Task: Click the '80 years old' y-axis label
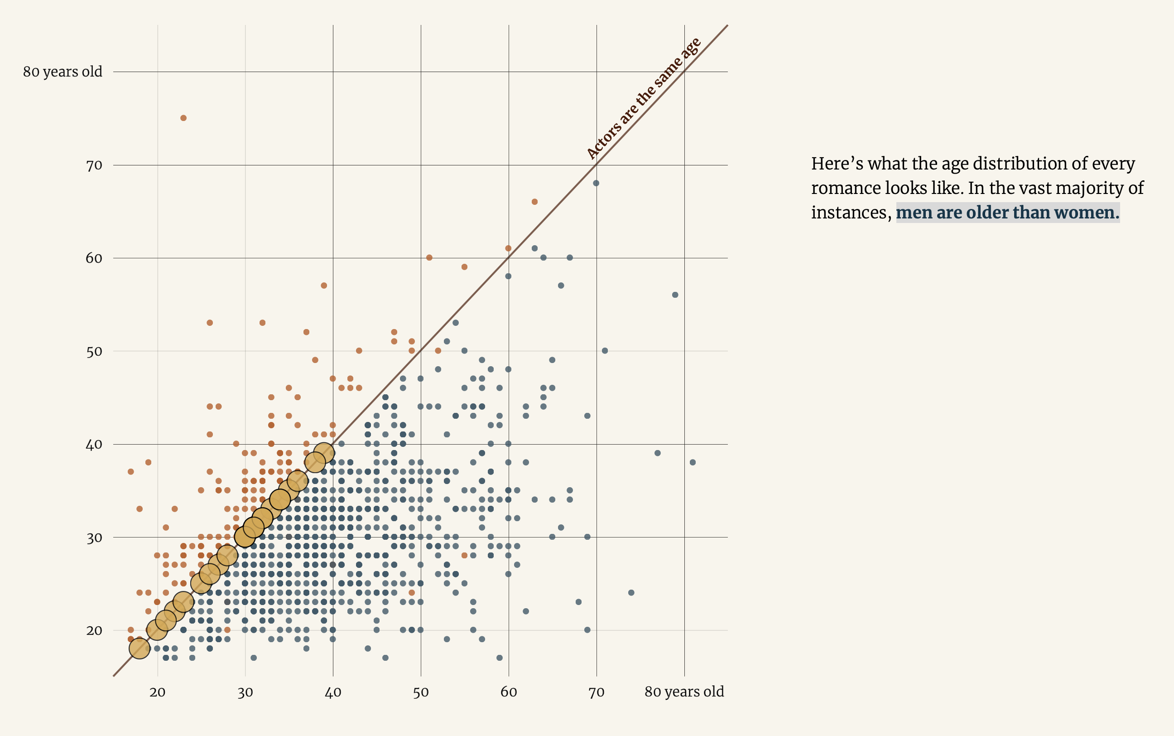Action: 63,72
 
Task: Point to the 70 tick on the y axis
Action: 94,165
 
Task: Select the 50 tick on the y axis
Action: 94,351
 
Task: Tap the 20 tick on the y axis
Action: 94,631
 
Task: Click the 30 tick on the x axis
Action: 245,692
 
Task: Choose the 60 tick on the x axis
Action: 509,692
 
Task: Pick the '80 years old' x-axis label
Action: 684,692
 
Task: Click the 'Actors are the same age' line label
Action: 644,98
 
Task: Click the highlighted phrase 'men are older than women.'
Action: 1007,213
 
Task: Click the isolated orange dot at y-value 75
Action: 183,118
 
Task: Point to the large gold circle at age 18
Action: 139,649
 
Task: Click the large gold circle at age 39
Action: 324,453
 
